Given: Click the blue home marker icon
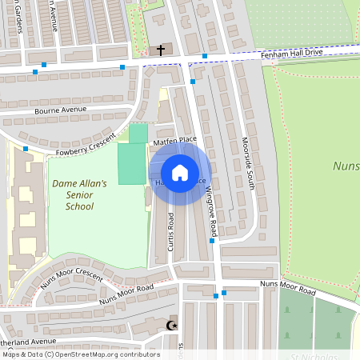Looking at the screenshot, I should coord(180,173).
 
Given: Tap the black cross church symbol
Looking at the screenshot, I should coord(161,50).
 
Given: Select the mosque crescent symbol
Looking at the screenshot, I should coord(170,325).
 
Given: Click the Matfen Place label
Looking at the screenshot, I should coord(174,140).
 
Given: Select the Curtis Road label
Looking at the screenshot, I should coord(171,231).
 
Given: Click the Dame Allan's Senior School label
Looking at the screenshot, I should coord(79,194).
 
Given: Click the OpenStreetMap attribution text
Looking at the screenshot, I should coord(80,354).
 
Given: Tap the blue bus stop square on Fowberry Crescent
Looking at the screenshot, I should coord(26,149).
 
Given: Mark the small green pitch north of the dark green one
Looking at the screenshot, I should coord(138,133).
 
